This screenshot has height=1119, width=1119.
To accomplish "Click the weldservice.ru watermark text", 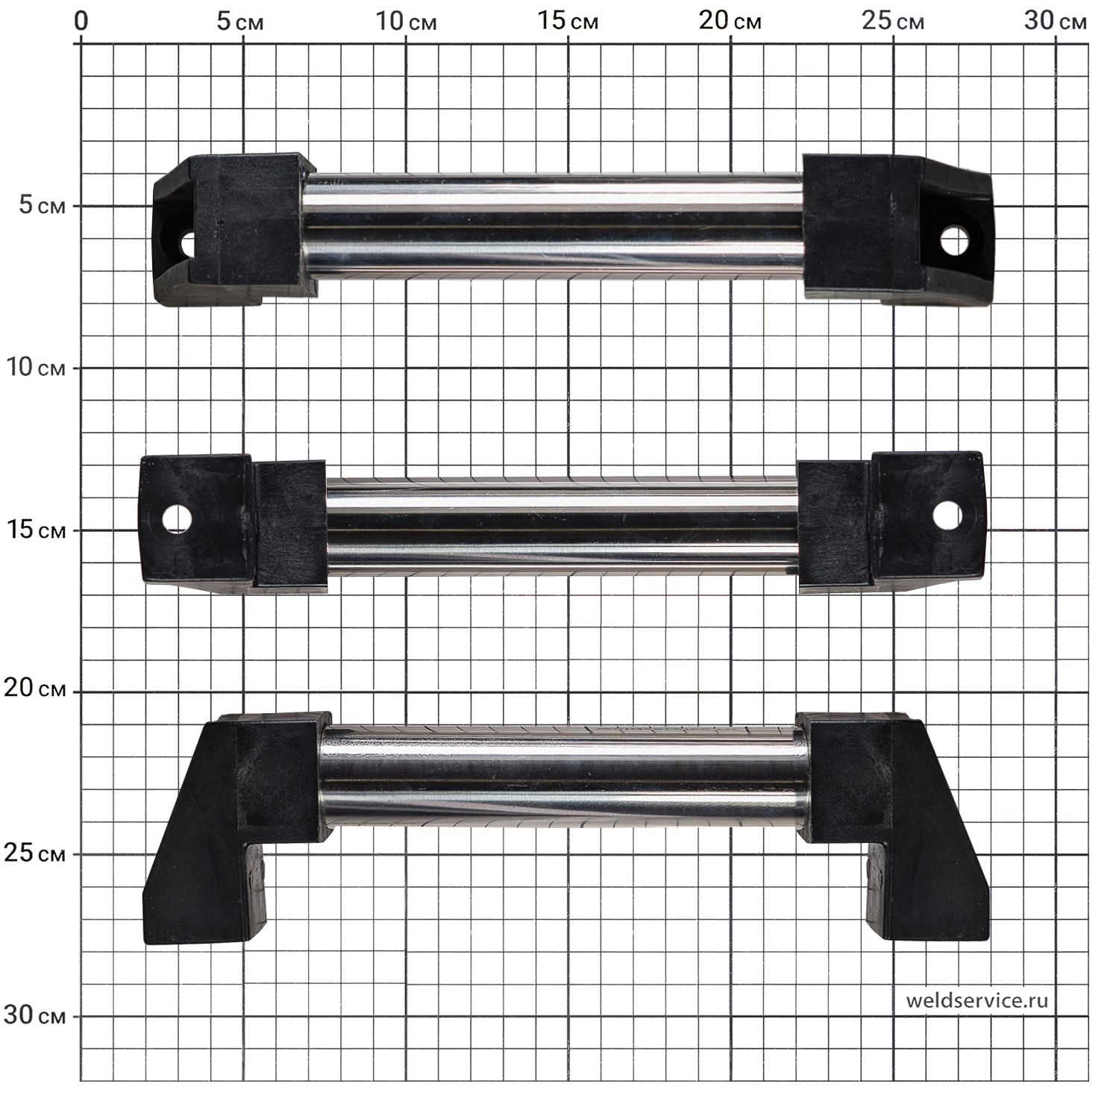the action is (x=977, y=1000).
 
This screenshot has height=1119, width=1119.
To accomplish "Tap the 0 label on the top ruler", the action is (x=81, y=21).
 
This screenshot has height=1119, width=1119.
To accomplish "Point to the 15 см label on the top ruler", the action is (x=568, y=21).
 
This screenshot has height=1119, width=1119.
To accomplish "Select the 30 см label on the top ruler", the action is (x=1055, y=21).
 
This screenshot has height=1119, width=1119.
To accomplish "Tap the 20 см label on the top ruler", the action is (x=730, y=21).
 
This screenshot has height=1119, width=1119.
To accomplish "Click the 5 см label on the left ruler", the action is (x=42, y=205).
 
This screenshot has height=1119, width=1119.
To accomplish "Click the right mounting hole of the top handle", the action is (x=955, y=241).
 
